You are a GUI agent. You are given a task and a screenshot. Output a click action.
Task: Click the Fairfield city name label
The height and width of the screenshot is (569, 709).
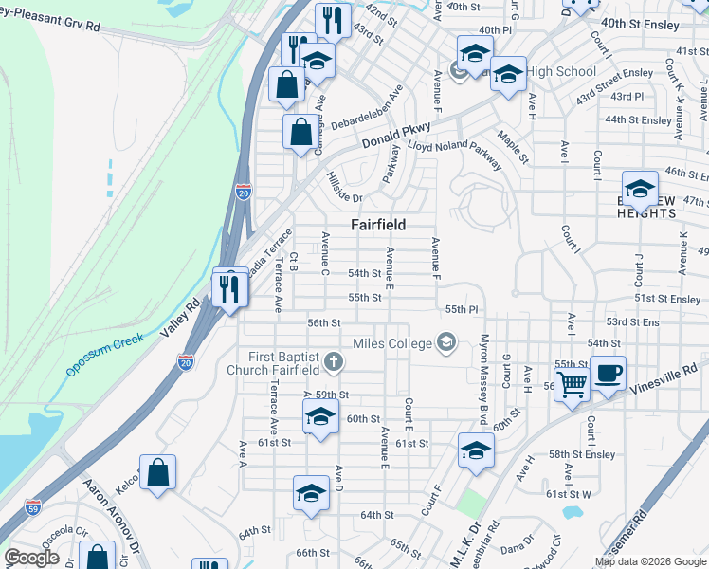pyautogui.click(x=378, y=225)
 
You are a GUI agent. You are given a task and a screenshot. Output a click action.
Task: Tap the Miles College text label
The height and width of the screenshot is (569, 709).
pyautogui.click(x=391, y=342)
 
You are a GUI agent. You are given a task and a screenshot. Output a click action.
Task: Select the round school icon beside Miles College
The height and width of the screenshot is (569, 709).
pyautogui.click(x=445, y=342)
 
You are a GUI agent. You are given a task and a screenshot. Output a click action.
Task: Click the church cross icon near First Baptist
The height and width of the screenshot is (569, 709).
pyautogui.click(x=333, y=361)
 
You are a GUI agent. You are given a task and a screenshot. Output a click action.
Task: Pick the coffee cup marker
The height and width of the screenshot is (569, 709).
pyautogui.click(x=608, y=373)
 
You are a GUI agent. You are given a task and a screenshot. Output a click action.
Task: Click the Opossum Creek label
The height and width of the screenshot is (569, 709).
pyautogui.click(x=104, y=354)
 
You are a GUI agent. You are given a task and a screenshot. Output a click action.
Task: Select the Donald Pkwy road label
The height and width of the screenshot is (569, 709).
pyautogui.click(x=396, y=135)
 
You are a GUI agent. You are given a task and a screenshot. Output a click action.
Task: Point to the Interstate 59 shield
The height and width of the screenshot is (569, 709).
pyautogui.click(x=33, y=505)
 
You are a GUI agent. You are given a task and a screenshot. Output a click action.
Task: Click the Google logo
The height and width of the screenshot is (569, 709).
pyautogui.click(x=31, y=558)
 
